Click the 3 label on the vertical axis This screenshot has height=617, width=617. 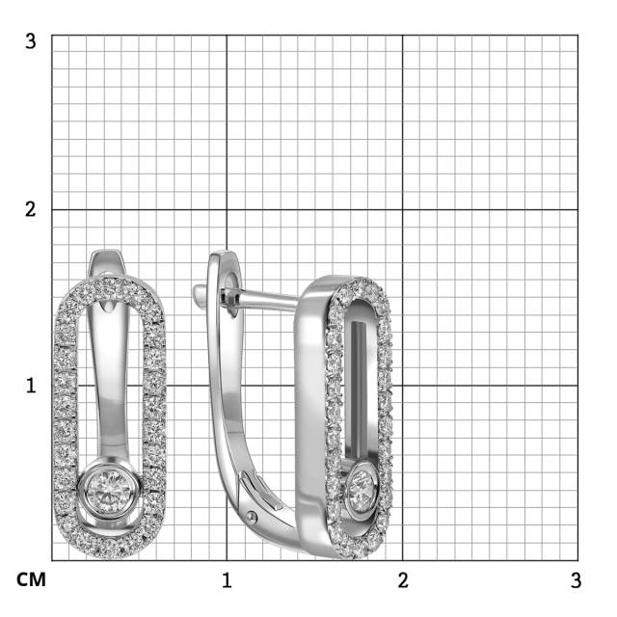31,40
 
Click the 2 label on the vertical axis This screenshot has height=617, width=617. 31,209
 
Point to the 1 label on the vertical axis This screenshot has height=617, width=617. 31,386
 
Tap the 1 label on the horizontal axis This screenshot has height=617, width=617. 227,580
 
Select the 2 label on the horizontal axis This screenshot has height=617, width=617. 403,580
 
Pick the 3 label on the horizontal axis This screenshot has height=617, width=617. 577,580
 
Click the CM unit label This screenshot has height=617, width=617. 31,580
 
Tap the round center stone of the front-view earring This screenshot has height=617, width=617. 109,491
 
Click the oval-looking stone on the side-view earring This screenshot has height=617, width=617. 362,486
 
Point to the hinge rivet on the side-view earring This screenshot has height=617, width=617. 252,518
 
